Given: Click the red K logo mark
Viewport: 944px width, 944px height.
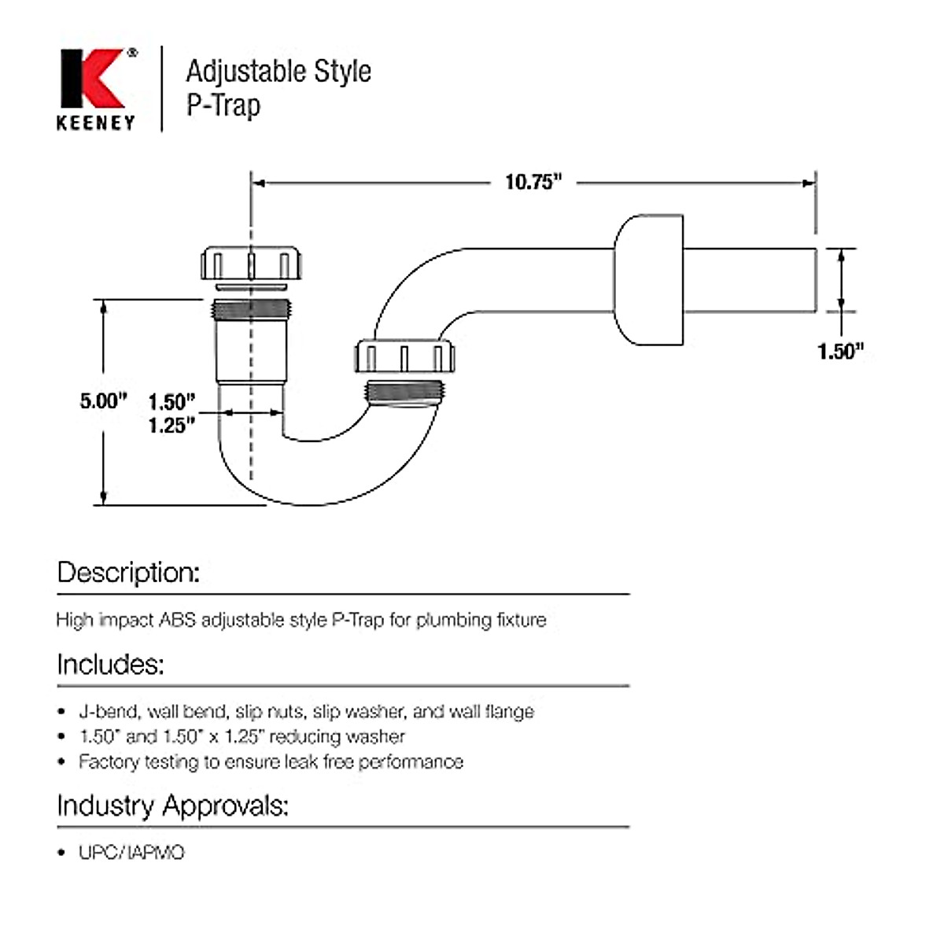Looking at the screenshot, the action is point(92,79).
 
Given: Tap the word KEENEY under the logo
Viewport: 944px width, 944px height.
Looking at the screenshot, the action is point(96,123).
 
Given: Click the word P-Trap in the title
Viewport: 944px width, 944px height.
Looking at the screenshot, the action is point(223,105).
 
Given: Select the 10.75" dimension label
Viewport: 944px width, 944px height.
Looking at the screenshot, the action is point(533,183).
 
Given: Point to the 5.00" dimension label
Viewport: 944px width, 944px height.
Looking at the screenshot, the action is point(103,400).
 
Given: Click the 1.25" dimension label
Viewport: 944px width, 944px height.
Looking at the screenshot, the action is point(171,426).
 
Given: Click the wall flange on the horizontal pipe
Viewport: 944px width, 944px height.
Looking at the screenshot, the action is point(648,280).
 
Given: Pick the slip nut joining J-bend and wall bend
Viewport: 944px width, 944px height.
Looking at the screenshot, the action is point(404,356).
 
